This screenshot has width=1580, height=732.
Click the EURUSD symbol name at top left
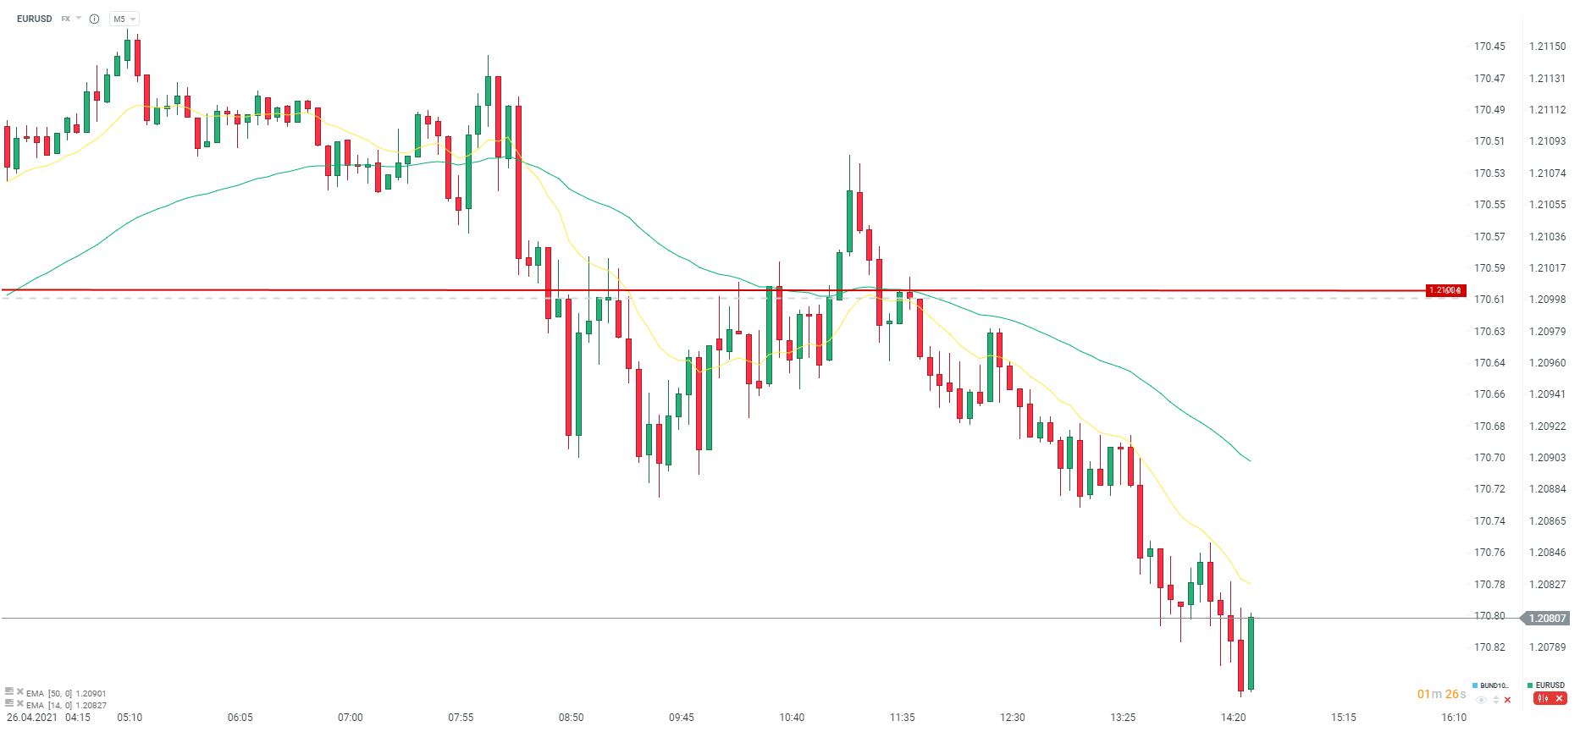[x=34, y=19]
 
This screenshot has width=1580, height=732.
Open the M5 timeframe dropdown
[x=124, y=19]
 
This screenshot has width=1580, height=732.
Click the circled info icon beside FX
[x=94, y=19]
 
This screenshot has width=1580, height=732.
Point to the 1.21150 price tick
[x=1547, y=47]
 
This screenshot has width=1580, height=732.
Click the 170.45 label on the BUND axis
[x=1489, y=47]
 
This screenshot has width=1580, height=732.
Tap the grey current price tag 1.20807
[x=1547, y=619]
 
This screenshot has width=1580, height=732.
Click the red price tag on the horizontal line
[x=1445, y=290]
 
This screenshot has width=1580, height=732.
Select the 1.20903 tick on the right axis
[x=1547, y=458]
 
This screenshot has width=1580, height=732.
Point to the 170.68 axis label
[x=1489, y=427]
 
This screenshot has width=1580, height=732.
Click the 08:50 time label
[x=571, y=718]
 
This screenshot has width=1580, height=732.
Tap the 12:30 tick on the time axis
[x=1013, y=718]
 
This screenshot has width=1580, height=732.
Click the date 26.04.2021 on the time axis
[x=32, y=718]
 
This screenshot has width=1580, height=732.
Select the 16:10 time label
[x=1454, y=718]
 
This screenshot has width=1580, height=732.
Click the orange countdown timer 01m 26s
[x=1441, y=695]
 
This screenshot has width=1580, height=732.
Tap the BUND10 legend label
[x=1494, y=685]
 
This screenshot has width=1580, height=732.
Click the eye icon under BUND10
[x=1481, y=700]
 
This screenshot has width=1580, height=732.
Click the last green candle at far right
[x=1251, y=653]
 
